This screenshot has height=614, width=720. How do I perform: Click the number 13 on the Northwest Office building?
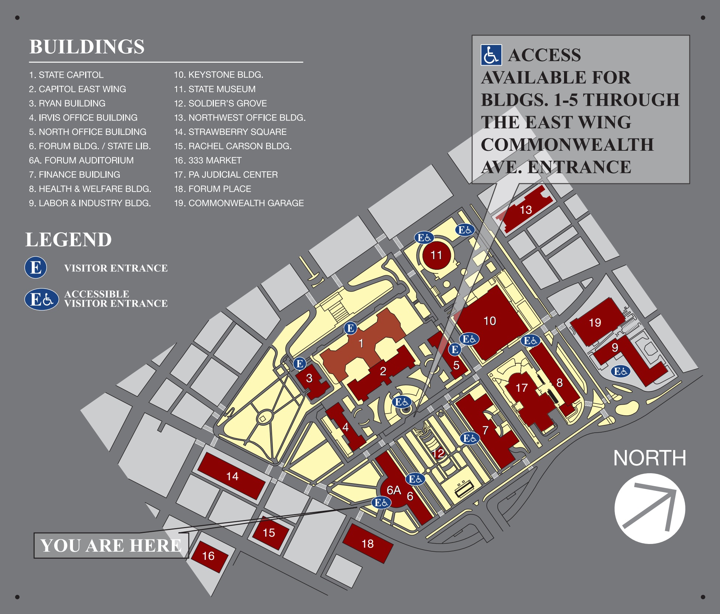pyautogui.click(x=526, y=210)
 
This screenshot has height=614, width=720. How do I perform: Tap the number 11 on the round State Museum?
pyautogui.click(x=436, y=255)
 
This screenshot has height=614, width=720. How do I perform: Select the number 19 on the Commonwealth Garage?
pyautogui.click(x=595, y=323)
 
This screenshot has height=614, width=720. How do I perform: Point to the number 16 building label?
pyautogui.click(x=208, y=556)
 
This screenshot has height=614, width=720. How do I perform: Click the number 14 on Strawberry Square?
pyautogui.click(x=232, y=476)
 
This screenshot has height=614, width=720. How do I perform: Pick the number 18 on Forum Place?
pyautogui.click(x=368, y=544)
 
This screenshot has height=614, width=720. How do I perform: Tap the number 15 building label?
pyautogui.click(x=269, y=533)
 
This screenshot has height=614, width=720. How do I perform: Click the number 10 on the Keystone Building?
pyautogui.click(x=490, y=321)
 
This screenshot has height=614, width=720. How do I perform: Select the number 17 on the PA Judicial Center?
pyautogui.click(x=521, y=388)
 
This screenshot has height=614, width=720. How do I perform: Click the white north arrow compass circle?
pyautogui.click(x=650, y=509)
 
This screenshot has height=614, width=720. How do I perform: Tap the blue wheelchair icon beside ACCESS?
pyautogui.click(x=491, y=55)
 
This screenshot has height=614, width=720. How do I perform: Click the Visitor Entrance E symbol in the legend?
pyautogui.click(x=36, y=268)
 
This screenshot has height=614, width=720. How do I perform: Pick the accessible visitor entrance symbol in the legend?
pyautogui.click(x=41, y=299)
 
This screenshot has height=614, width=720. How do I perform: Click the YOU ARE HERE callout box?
pyautogui.click(x=111, y=545)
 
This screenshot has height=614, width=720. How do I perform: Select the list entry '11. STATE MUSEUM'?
pyautogui.click(x=215, y=89)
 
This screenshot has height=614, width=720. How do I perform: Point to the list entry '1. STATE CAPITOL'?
pyautogui.click(x=66, y=75)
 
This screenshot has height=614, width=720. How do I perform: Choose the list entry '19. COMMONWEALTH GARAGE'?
pyautogui.click(x=239, y=203)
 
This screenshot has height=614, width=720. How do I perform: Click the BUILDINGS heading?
pyautogui.click(x=87, y=47)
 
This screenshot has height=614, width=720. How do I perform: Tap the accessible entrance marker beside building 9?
pyautogui.click(x=620, y=371)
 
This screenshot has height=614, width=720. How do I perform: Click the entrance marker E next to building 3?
pyautogui.click(x=300, y=364)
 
